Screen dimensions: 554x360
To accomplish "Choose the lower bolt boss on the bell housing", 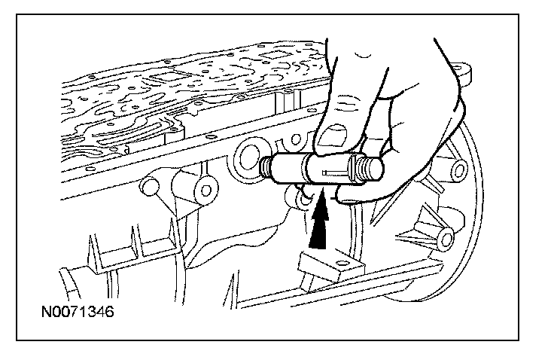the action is coord(446,239).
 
